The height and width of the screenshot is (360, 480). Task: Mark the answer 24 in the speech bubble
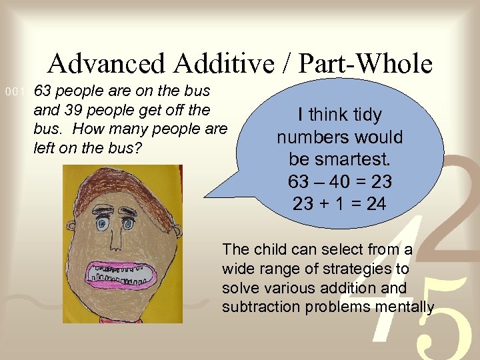[375, 204]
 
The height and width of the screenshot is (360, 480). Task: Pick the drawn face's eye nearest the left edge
[102, 223]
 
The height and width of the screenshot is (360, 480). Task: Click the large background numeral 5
[441, 320]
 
